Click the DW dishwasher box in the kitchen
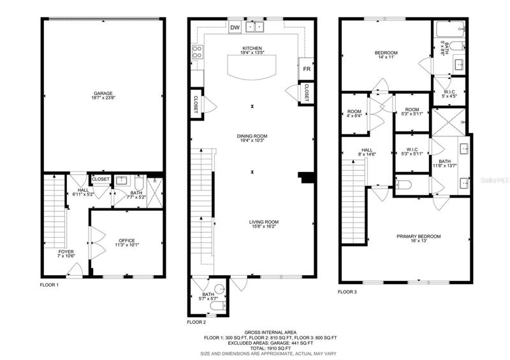(x=235, y=27)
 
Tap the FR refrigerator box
(x=307, y=69)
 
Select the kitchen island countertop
(x=252, y=67)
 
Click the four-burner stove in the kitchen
(x=198, y=52)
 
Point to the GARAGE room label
(x=103, y=93)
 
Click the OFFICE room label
(x=127, y=241)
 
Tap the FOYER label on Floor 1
(x=66, y=252)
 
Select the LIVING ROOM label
(x=264, y=222)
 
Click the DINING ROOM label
(x=252, y=136)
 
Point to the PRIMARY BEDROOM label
(x=419, y=236)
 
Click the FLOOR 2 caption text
(x=196, y=322)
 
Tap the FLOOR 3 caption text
(x=347, y=292)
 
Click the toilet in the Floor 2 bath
(x=218, y=306)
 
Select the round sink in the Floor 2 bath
(x=221, y=288)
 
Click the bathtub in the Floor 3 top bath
(x=451, y=29)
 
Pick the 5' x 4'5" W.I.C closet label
(x=449, y=94)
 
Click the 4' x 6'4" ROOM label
(x=354, y=113)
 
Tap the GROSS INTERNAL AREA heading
(x=270, y=333)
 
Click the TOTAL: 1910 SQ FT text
(x=270, y=348)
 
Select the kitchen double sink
(x=254, y=27)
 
